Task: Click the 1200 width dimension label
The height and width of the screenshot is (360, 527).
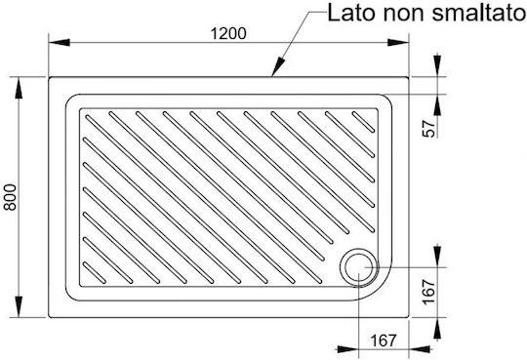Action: [x=228, y=33]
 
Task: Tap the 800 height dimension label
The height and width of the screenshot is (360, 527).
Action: [x=10, y=197]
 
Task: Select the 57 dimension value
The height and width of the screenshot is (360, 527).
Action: [x=428, y=128]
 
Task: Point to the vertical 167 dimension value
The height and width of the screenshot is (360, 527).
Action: [x=428, y=292]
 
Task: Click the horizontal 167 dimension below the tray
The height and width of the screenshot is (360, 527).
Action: [x=384, y=340]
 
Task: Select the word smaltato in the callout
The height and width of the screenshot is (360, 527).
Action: [x=479, y=13]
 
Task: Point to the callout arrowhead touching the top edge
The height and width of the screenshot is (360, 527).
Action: [x=277, y=67]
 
